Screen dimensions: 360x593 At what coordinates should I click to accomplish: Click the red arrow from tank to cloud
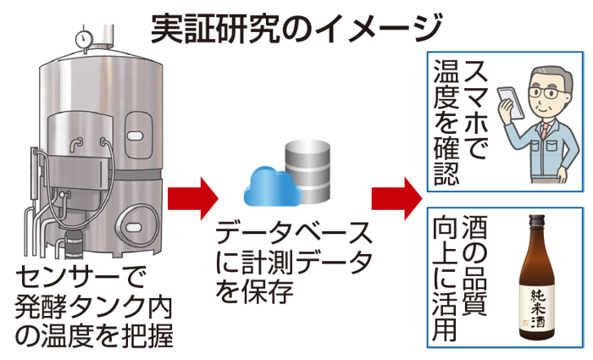pyautogui.click(x=192, y=197)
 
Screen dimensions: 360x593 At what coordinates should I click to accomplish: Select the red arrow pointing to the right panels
pyautogui.click(x=396, y=197)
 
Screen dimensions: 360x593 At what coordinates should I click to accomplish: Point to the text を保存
pyautogui.click(x=253, y=292)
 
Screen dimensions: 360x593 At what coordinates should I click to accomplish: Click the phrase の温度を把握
pyautogui.click(x=94, y=335)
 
